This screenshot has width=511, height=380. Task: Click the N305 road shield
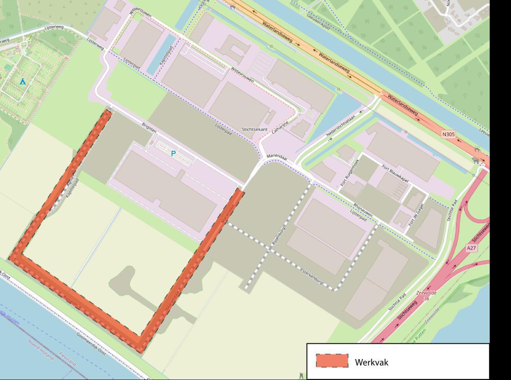coord(448,134)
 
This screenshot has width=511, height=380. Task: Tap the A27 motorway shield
coord(471,248)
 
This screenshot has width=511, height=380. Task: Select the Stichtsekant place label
coord(254,129)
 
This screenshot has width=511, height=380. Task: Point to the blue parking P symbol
coord(173,154)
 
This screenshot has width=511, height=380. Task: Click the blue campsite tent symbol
coord(22,81)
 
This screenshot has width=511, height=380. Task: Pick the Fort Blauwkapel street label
coord(395,174)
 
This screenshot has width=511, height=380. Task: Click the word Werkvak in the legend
coord(371,363)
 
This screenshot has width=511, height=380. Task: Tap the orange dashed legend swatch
coord(332,361)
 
